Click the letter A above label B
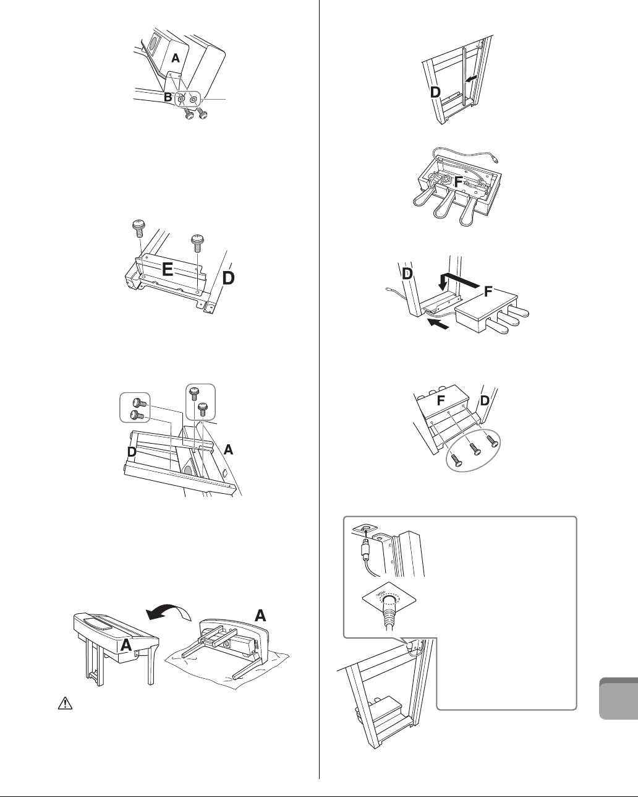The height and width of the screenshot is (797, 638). point(176,58)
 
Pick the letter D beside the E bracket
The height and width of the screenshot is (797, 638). point(228,278)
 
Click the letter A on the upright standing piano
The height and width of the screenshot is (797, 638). point(126,645)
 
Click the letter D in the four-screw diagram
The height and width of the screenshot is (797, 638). point(131,453)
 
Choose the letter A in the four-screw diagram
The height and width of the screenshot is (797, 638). point(229,452)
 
